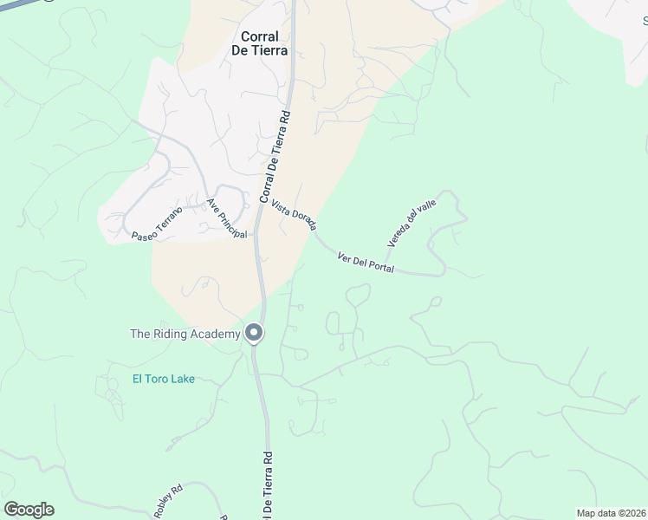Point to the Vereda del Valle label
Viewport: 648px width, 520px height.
(x=411, y=222)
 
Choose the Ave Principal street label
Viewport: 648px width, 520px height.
(x=226, y=218)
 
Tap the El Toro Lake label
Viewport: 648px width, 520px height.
(x=163, y=378)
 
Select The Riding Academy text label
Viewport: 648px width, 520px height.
(x=185, y=334)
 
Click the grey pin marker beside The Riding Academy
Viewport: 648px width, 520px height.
(x=254, y=333)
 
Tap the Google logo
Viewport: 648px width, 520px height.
(x=29, y=510)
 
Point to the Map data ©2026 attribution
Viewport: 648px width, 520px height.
(x=611, y=513)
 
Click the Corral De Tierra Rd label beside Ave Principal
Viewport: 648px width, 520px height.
(x=274, y=157)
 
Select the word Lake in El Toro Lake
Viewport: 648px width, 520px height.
(x=183, y=378)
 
